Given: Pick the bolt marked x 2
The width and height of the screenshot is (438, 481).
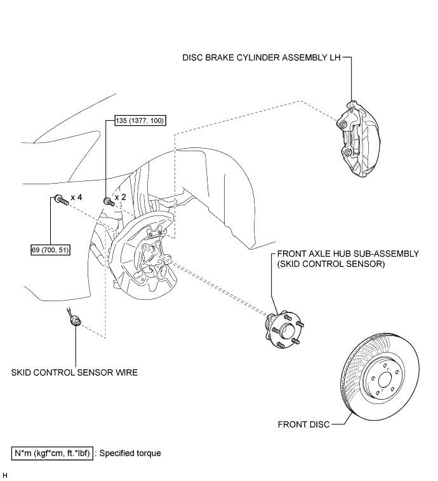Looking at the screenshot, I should [107, 201].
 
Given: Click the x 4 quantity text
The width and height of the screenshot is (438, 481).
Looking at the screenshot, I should [77, 198].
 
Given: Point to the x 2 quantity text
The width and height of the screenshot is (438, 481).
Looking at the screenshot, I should [119, 198].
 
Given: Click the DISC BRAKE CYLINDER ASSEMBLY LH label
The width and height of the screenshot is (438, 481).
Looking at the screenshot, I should [261, 57].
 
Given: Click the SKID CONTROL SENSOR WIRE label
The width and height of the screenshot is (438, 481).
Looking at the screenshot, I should [74, 372].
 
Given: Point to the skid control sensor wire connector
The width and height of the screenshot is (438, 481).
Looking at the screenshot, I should [76, 322].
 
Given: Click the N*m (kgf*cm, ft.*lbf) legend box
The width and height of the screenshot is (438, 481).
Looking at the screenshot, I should [52, 453].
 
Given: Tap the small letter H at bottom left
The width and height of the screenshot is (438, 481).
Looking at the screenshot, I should [5, 475].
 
